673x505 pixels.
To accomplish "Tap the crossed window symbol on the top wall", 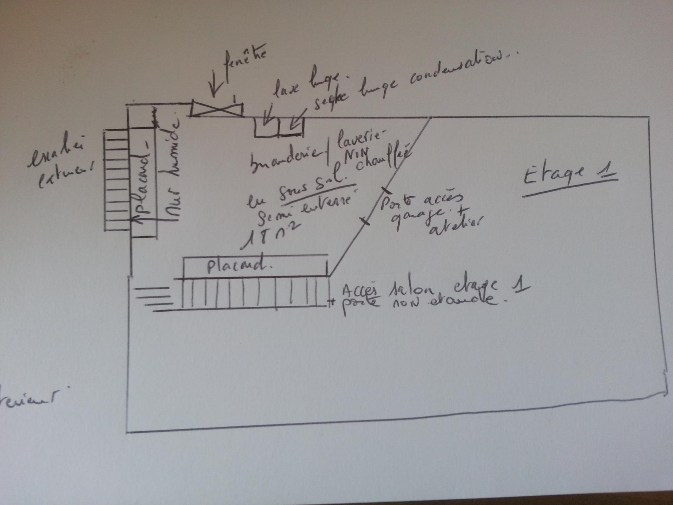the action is tap(217, 109).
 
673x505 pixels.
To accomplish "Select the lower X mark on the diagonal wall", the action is tap(365, 221).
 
